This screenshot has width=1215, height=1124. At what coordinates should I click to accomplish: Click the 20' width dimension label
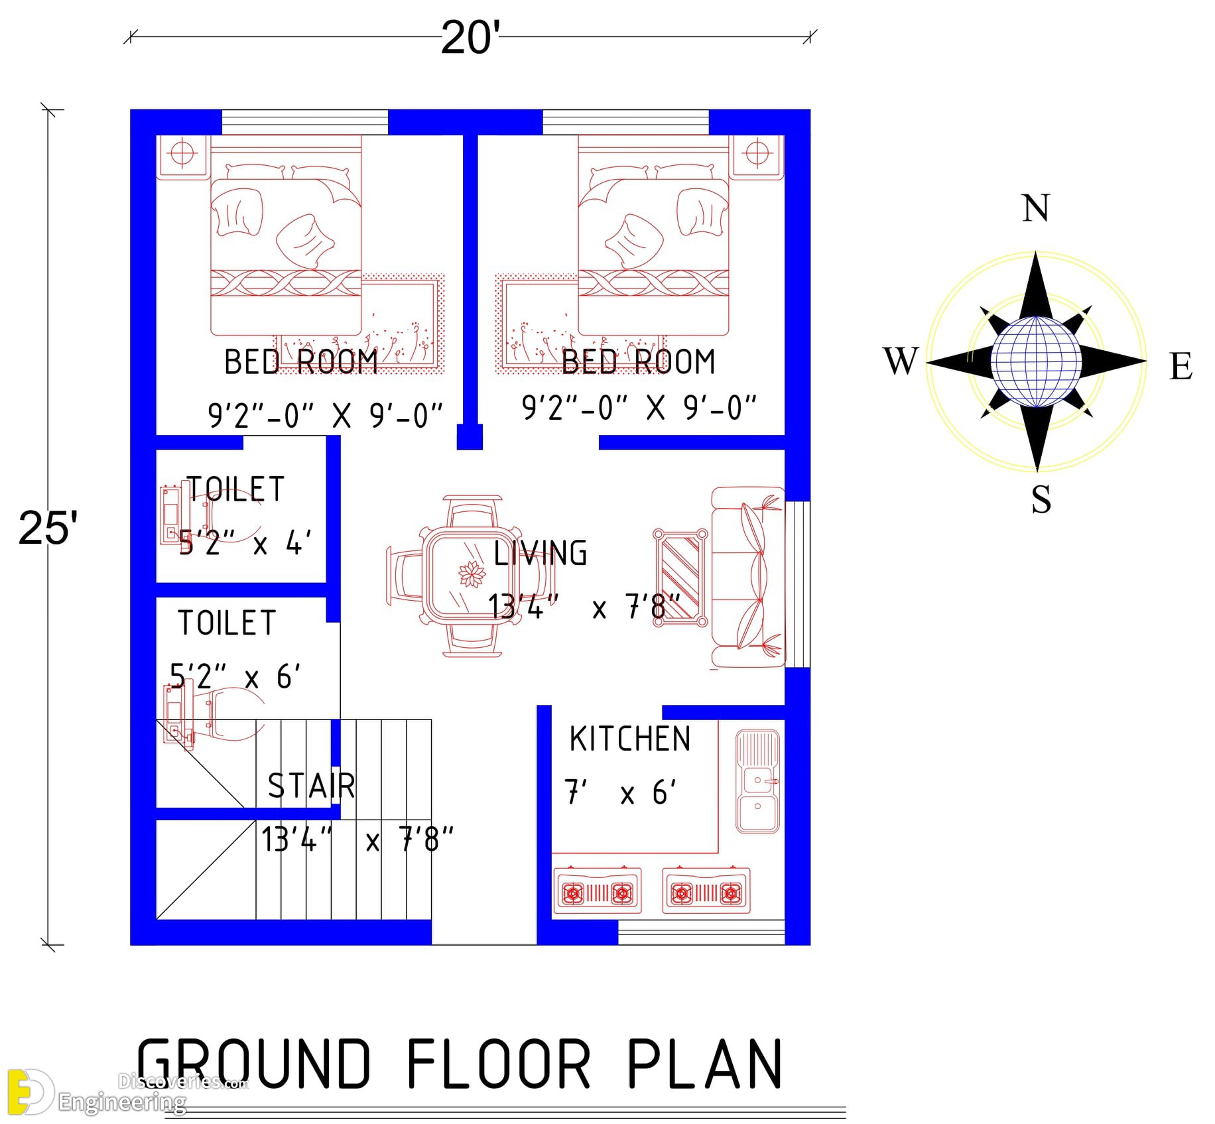coord(470,38)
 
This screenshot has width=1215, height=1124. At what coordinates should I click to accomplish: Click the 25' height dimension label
coord(48,529)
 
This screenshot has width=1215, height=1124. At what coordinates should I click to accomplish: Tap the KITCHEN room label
coord(630,739)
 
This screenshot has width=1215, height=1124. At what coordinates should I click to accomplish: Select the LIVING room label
coord(541,553)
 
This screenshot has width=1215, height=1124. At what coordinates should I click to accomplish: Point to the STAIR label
coord(312,786)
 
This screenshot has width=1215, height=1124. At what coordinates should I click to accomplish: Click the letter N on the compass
coord(1036,208)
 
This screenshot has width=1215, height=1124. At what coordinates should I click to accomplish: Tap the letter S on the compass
coord(1041,499)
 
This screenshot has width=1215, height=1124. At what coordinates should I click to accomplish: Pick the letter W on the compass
coord(901,361)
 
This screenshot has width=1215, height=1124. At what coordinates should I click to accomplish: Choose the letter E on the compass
coord(1181,367)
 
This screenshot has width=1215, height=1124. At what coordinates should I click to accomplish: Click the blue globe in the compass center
coord(1036,361)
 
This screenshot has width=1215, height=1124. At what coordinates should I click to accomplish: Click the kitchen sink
coord(757,782)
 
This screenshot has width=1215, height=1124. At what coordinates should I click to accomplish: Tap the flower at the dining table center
coord(472,574)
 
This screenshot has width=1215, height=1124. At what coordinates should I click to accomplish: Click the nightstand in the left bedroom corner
coord(183,156)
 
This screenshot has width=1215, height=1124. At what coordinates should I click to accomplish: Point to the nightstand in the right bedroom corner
coord(757,156)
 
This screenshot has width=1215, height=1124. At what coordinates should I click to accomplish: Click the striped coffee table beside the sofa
coord(680,578)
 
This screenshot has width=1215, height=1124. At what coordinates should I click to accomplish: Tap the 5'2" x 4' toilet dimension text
coord(245,543)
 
